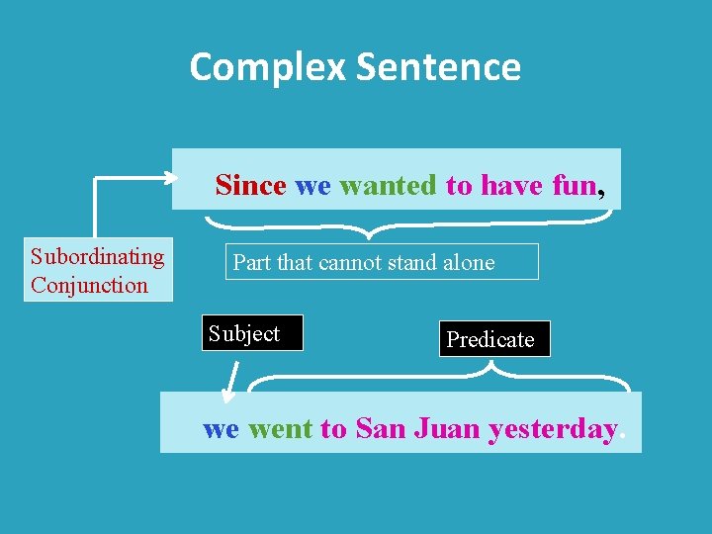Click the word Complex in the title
(267, 67)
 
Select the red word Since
(250, 185)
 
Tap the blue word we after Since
(312, 185)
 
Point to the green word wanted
(387, 185)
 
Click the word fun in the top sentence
(574, 185)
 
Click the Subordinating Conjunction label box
(98, 270)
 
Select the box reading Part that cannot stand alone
(382, 262)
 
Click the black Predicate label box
(494, 339)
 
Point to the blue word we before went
(221, 429)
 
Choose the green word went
(280, 429)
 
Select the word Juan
(446, 429)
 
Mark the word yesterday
(552, 429)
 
